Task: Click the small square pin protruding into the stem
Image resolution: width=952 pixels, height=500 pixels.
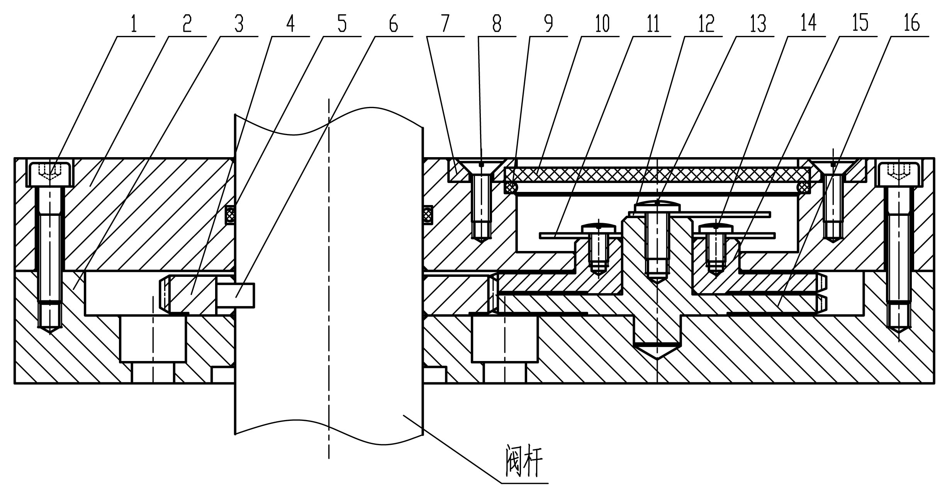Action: click(x=236, y=295)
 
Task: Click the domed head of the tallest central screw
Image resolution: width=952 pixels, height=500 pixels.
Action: click(x=657, y=206)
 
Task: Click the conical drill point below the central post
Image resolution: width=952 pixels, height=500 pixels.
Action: click(x=657, y=351)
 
